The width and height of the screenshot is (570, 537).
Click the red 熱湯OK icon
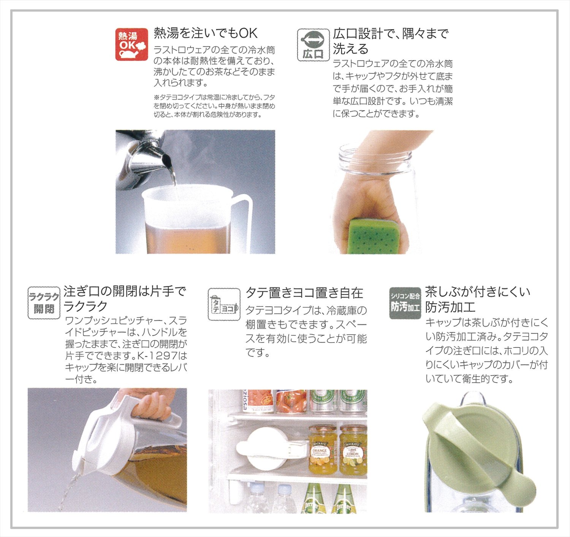click(131, 44)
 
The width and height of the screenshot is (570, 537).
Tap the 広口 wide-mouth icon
click(313, 45)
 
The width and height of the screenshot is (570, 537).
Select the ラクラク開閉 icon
click(44, 303)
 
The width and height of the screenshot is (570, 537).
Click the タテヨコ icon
click(224, 304)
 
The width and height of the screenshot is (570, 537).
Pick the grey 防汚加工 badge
click(405, 303)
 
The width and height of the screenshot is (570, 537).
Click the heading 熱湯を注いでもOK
click(206, 33)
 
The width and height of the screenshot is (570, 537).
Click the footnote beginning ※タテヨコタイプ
click(214, 106)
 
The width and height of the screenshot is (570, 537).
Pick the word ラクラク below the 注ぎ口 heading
click(85, 306)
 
